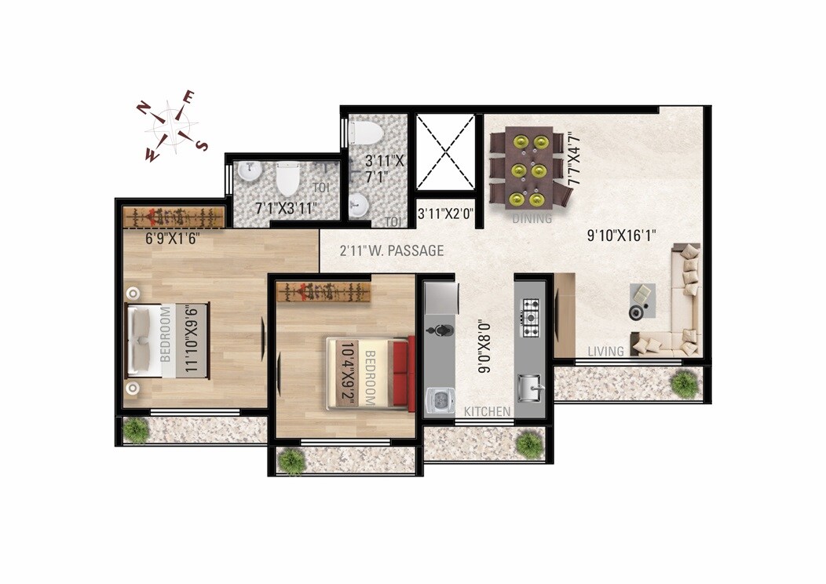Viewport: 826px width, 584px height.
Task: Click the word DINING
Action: click(532, 219)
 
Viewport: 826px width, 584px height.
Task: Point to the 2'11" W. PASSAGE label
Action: click(392, 251)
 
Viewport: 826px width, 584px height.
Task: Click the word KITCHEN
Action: click(487, 411)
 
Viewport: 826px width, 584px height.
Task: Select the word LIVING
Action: click(605, 351)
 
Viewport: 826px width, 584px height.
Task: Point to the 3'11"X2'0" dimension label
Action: click(445, 213)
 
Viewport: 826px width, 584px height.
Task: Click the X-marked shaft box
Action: click(445, 152)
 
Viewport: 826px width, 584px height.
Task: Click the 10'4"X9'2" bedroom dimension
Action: click(348, 372)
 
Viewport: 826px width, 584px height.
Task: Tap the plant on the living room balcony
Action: click(684, 382)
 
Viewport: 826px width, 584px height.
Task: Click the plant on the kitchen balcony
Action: click(530, 444)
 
